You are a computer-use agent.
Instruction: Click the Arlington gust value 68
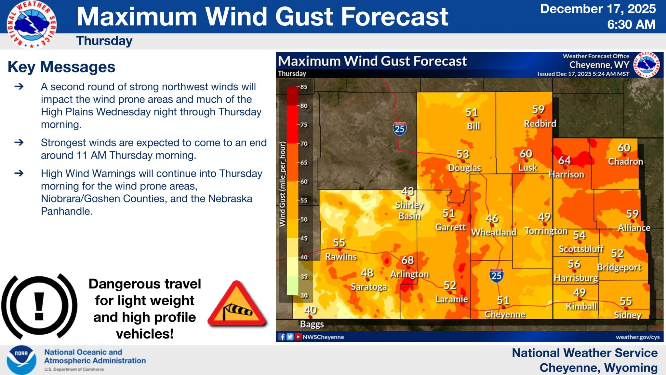click(x=407, y=260)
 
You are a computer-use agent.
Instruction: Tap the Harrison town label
click(x=566, y=174)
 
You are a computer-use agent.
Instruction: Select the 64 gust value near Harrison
click(x=565, y=160)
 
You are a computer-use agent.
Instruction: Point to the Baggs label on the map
click(x=312, y=324)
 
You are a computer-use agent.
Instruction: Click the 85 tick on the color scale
click(x=304, y=87)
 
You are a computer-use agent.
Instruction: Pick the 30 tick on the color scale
click(x=304, y=296)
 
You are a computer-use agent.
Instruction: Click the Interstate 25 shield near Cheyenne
click(x=496, y=275)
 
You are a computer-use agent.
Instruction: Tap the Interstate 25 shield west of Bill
click(x=400, y=129)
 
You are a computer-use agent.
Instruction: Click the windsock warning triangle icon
click(x=237, y=305)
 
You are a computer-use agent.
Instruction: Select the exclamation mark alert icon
click(x=39, y=306)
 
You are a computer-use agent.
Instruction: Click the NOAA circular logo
click(x=21, y=360)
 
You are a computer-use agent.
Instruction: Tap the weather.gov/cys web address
click(x=637, y=337)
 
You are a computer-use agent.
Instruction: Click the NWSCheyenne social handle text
click(x=323, y=337)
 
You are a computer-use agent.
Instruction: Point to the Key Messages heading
click(x=61, y=67)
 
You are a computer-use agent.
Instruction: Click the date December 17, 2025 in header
click(x=598, y=9)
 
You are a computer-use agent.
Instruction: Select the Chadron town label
click(x=625, y=161)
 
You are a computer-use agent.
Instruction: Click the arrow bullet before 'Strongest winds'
click(x=19, y=142)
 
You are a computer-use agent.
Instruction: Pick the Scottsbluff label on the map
click(x=581, y=249)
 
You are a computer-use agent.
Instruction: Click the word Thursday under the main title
click(x=104, y=41)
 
